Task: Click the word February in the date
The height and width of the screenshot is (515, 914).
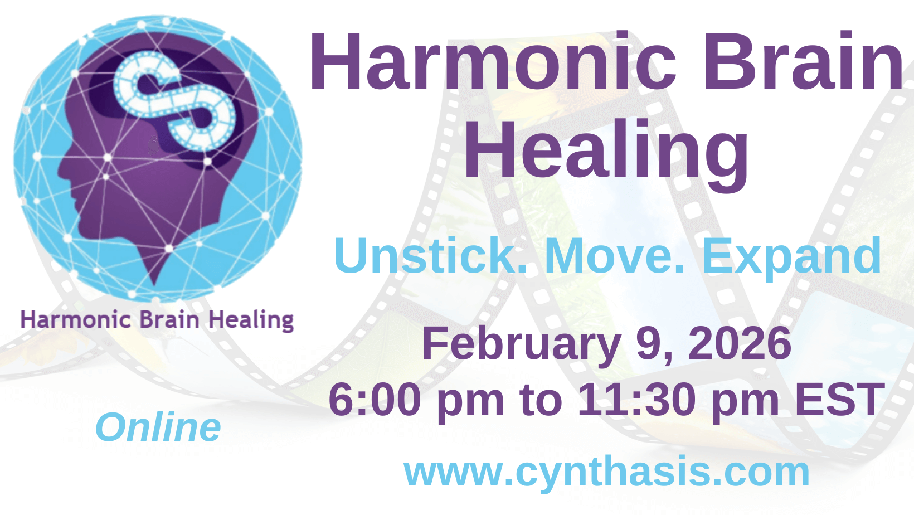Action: [x=521, y=344]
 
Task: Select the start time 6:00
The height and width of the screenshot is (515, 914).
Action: [x=375, y=399]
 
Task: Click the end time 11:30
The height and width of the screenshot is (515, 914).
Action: [x=636, y=399]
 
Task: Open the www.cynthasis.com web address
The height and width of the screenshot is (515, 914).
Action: [x=607, y=473]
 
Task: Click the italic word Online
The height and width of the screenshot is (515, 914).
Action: [x=158, y=427]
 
